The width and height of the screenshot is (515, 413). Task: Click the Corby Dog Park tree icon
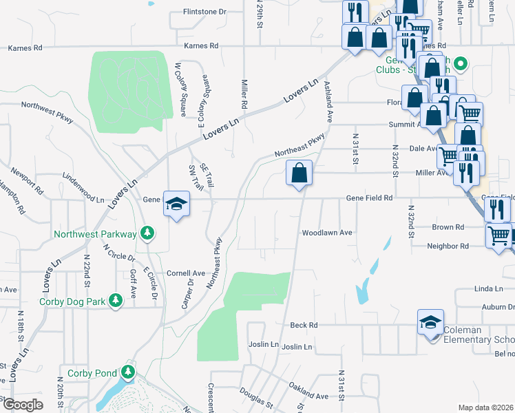(x=116, y=300)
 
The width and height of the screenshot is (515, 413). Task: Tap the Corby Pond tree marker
(x=127, y=372)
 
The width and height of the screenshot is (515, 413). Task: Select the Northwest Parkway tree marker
(x=147, y=233)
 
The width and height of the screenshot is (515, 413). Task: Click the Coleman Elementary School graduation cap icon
(x=430, y=322)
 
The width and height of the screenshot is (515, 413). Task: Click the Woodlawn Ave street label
(x=327, y=233)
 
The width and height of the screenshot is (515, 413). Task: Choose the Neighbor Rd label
(x=448, y=246)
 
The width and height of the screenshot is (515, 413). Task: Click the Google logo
(x=23, y=405)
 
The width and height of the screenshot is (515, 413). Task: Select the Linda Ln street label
(x=485, y=289)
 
